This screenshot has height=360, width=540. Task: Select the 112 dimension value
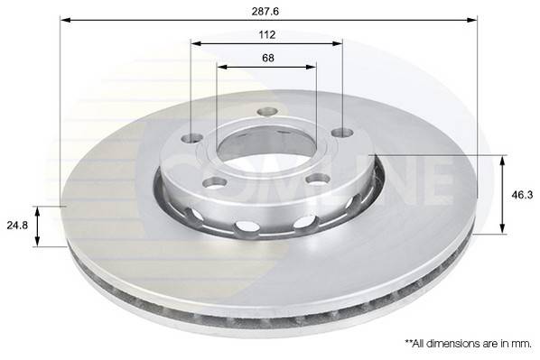point(266,34)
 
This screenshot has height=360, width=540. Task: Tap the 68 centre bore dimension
point(266,57)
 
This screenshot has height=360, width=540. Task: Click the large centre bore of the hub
point(266,149)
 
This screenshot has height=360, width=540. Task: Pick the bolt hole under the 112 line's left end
point(192,139)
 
